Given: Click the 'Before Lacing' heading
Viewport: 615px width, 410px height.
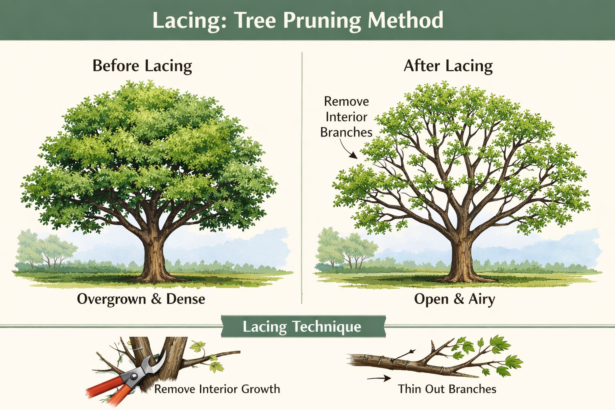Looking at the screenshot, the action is (x=142, y=66).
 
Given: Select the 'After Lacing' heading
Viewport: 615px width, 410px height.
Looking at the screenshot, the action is (x=448, y=66).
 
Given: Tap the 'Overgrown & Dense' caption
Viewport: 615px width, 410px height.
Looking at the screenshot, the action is (x=141, y=299).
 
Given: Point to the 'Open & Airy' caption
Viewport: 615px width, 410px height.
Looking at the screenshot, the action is (x=454, y=299).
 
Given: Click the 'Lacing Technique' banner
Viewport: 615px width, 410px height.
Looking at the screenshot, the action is (x=302, y=327).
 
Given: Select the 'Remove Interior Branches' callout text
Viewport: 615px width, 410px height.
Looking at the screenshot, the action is (x=346, y=117).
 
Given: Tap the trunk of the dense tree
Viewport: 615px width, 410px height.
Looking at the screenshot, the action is (x=153, y=256).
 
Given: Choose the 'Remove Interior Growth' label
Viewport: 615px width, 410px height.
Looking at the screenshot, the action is (x=217, y=389).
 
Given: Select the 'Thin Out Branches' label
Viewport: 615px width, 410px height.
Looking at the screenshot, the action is (x=447, y=389).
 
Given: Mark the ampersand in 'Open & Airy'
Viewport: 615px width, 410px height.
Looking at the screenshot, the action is (x=458, y=299).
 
